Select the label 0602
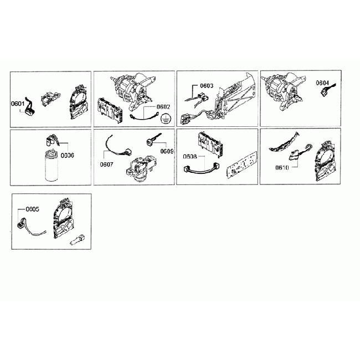tap(163, 106)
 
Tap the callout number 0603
tap(207, 86)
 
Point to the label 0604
tap(323, 83)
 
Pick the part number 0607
tap(107, 164)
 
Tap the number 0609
tap(167, 151)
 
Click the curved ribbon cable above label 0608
tap(197, 168)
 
